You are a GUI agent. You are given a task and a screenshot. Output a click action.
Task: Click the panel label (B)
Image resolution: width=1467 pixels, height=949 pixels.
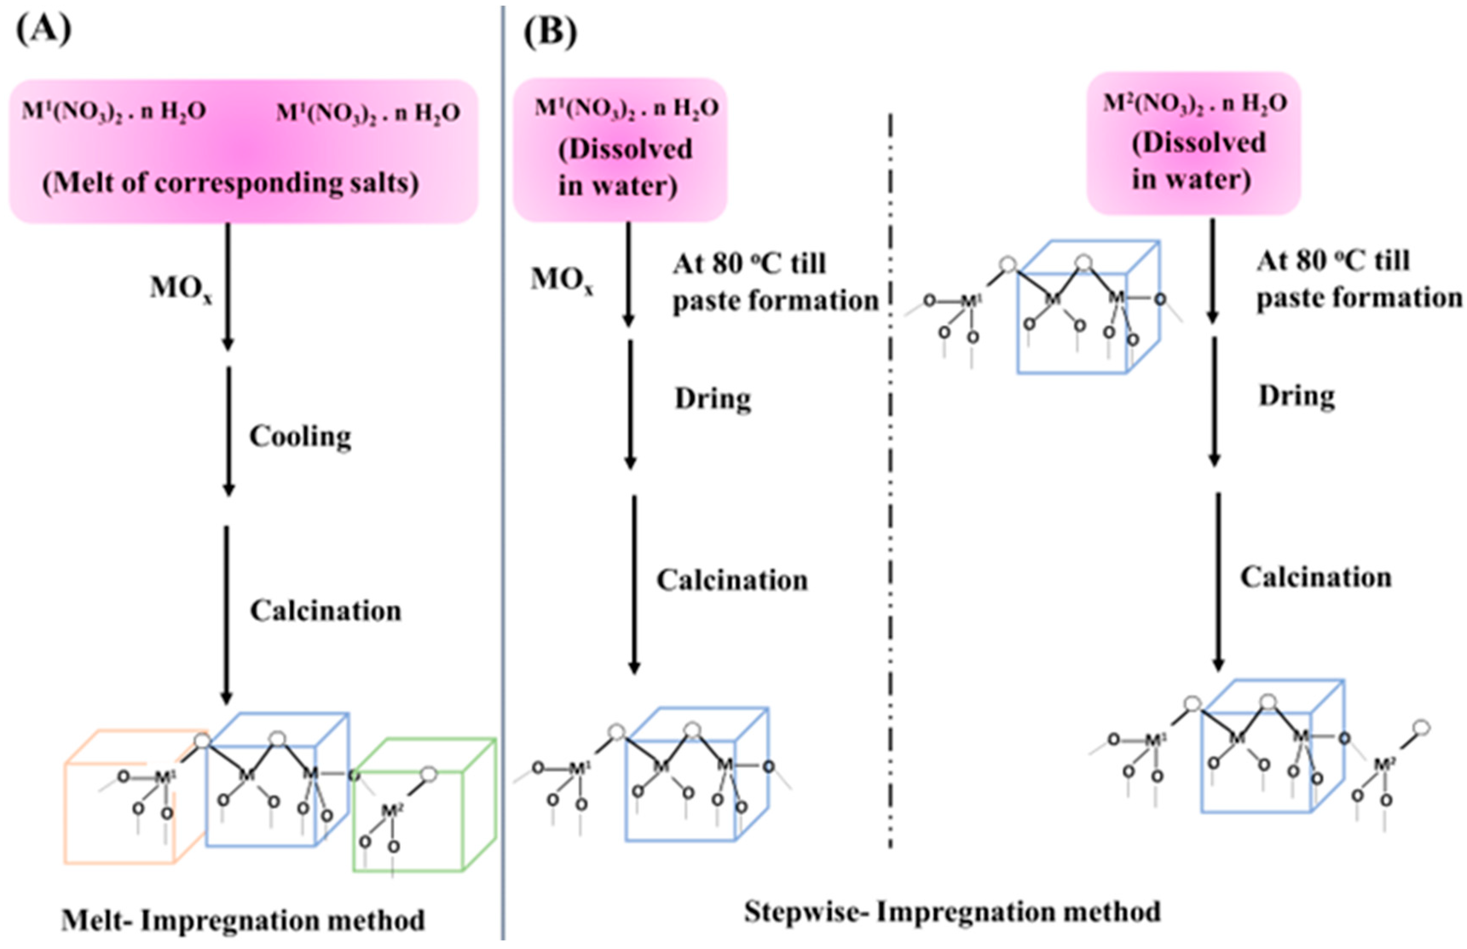[x=550, y=32]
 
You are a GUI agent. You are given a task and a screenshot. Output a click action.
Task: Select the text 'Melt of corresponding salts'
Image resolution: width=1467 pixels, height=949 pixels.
[x=230, y=183]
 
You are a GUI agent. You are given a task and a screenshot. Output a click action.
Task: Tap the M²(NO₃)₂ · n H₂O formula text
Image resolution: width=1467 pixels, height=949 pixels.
[x=1195, y=104]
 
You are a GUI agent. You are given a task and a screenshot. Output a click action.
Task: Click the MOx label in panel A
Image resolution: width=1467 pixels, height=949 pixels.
[x=180, y=288]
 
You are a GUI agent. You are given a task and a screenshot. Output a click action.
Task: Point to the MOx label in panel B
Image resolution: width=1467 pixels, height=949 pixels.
[x=561, y=280]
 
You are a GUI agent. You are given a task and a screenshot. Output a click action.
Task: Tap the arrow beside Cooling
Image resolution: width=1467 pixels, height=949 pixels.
[x=228, y=431]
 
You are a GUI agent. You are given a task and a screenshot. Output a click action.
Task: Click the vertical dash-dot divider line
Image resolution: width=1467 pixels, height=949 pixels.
[x=890, y=480]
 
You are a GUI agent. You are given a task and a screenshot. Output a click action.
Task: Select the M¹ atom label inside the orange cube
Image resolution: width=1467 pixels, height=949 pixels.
[x=163, y=777]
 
